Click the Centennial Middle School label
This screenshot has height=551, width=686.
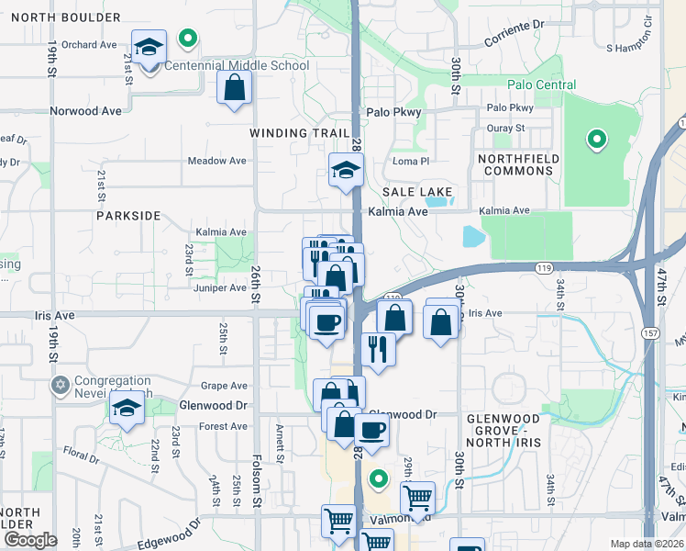236,66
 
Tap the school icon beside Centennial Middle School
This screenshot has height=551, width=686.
148,47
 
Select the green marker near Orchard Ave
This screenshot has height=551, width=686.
188,39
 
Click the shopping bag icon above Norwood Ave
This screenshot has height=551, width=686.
235,88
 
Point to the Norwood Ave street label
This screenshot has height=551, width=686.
86,111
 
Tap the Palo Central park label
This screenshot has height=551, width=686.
544,85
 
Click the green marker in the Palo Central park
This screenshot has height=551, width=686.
597,140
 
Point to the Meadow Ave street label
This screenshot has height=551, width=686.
217,161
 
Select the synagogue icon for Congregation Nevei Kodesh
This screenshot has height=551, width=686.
61,384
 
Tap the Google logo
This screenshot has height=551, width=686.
30,540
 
